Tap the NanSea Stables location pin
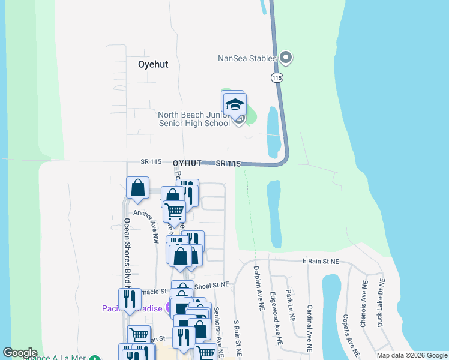(286, 58)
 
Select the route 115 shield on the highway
(277, 78)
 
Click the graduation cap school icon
(234, 104)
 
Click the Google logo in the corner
(20, 353)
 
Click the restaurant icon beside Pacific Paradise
(130, 299)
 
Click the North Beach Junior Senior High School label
(194, 119)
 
